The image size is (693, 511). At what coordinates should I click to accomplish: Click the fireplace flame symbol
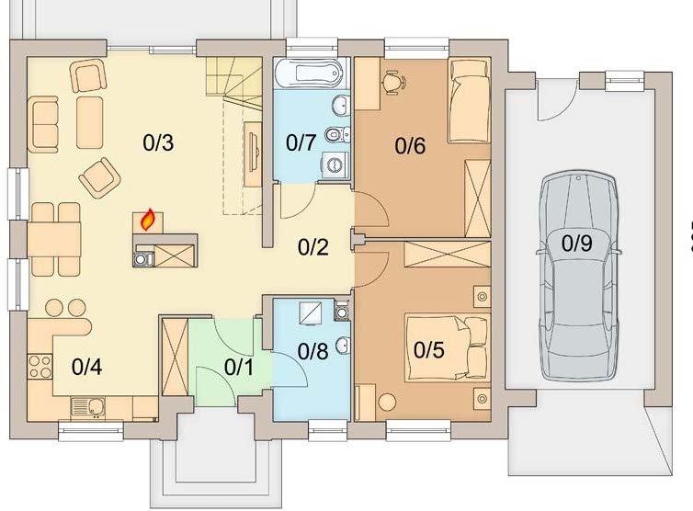(x=148, y=220)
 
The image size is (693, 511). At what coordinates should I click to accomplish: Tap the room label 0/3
(x=158, y=142)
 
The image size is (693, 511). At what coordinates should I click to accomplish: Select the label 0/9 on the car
(x=577, y=244)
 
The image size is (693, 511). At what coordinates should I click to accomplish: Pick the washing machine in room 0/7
(x=335, y=165)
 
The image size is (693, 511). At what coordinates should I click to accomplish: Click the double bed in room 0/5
(x=448, y=346)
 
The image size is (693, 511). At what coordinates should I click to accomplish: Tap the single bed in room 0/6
(x=470, y=100)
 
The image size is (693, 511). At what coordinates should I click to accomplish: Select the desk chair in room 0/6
(x=392, y=82)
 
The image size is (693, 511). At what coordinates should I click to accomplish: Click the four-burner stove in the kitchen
(x=40, y=367)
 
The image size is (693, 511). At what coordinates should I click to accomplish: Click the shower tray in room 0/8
(x=312, y=312)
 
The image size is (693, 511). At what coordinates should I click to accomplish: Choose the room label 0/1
(x=239, y=367)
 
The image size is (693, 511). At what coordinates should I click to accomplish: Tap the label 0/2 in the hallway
(x=312, y=247)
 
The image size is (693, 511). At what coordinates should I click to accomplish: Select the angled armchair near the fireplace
(x=100, y=177)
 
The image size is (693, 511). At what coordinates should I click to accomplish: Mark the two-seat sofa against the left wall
(x=43, y=125)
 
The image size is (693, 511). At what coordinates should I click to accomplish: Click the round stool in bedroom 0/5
(x=387, y=402)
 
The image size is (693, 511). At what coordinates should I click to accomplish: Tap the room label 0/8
(x=312, y=350)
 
